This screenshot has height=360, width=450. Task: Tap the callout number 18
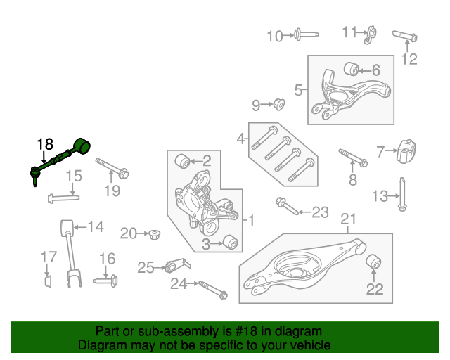point(44,144)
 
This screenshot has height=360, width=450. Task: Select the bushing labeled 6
point(351,69)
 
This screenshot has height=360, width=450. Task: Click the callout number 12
point(409,60)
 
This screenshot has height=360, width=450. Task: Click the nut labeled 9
point(278,105)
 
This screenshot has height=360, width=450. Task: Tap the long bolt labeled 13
point(403,195)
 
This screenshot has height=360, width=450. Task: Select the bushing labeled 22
point(374,263)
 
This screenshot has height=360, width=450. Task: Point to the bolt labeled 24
point(211,289)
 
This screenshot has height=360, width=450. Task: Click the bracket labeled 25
point(174,266)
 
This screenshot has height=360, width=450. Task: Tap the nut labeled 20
point(153,233)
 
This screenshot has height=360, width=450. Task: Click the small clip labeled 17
point(48,282)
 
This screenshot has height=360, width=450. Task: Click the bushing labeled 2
point(184,161)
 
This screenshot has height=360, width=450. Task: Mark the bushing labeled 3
point(229,243)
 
